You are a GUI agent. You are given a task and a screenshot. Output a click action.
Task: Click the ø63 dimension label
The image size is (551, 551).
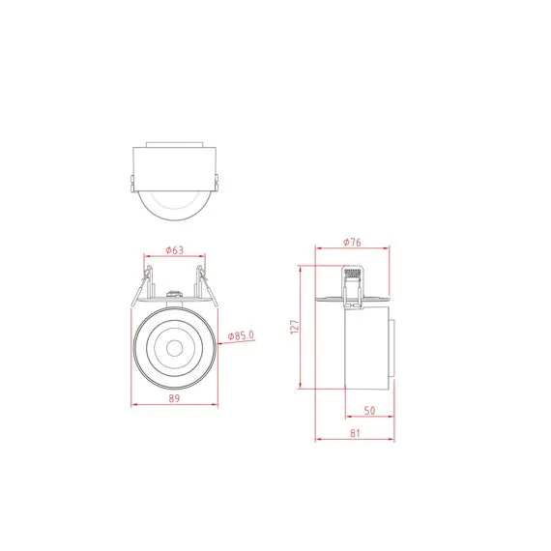point(174,250)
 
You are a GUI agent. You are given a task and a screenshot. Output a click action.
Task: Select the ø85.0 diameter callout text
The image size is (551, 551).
point(241,335)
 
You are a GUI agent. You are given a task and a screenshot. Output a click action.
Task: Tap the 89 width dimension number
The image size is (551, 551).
point(174,396)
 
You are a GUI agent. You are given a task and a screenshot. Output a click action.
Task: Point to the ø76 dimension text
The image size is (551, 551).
point(352,243)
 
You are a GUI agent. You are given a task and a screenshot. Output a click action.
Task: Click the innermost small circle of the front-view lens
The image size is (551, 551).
point(174,346)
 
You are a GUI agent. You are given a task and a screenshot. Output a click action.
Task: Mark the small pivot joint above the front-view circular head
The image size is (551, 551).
point(174,296)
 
